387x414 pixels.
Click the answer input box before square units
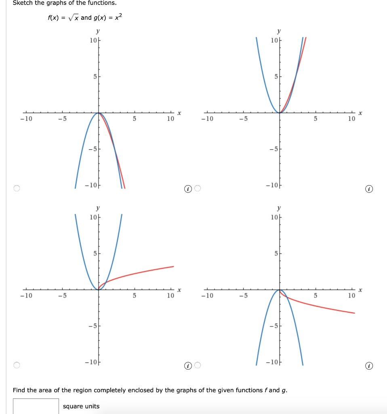coord(36,406)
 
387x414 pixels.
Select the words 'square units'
coord(81,406)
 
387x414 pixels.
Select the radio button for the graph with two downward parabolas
coord(16,188)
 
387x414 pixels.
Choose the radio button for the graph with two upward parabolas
coord(198,188)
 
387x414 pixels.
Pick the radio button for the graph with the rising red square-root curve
coord(16,365)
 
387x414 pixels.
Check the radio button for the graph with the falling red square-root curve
coord(198,365)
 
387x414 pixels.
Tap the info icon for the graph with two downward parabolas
coord(187,188)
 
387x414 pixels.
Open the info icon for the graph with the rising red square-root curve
coord(187,365)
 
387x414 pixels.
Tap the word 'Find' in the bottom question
coord(19,390)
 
